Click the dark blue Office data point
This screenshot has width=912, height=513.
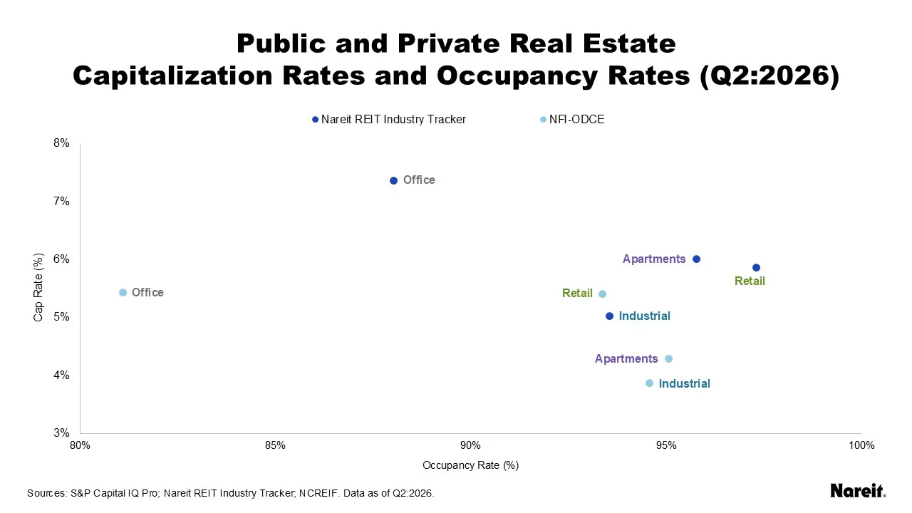tap(393, 180)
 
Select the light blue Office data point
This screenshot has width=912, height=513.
tap(123, 292)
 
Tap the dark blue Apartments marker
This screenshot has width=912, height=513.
tap(696, 259)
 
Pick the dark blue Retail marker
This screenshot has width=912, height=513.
tap(756, 267)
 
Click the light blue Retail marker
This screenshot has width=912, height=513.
tap(603, 294)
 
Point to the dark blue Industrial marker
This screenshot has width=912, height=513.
tap(609, 316)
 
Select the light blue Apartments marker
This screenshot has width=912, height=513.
tap(668, 358)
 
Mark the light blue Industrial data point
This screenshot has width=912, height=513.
tap(649, 383)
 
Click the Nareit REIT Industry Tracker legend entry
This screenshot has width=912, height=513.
tap(389, 119)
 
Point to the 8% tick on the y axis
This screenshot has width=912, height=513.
tap(61, 143)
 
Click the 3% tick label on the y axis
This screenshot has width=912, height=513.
tap(61, 432)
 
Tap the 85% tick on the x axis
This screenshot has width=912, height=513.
tap(275, 445)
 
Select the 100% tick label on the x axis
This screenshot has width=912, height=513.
tap(861, 445)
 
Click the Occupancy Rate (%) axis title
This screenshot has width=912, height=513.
tap(471, 465)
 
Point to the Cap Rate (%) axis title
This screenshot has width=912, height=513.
tap(38, 287)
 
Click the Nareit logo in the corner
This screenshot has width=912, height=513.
tap(858, 491)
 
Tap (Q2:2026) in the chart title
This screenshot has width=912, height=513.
tap(769, 76)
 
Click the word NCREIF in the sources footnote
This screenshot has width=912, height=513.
tap(318, 493)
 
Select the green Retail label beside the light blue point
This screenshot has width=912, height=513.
tap(577, 293)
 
